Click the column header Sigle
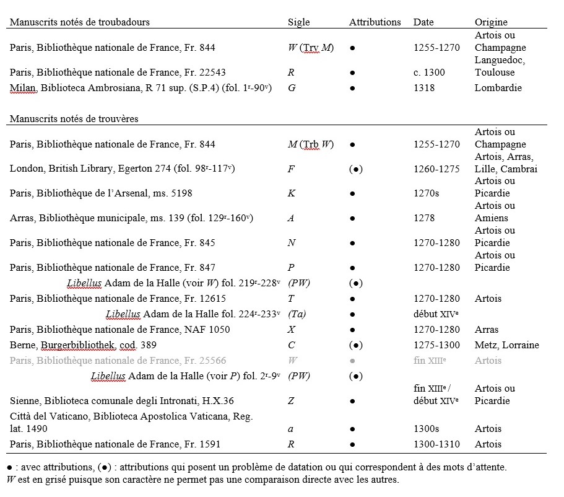pos(299,22)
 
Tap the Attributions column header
pos(375,22)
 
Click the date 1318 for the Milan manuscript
pos(423,88)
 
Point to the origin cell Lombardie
pos(498,88)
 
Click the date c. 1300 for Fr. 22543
pos(429,73)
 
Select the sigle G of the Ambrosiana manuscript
pos(292,88)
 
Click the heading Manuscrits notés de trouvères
pos(74,118)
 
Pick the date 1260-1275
pos(436,169)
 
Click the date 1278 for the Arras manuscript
pos(424,218)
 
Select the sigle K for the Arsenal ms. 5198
pos(292,193)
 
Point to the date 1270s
pos(426,193)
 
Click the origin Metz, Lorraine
pos(506,345)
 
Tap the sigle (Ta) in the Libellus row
pos(297,314)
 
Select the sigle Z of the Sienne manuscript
pos(291,401)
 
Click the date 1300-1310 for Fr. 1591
pos(436,444)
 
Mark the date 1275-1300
pos(436,345)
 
